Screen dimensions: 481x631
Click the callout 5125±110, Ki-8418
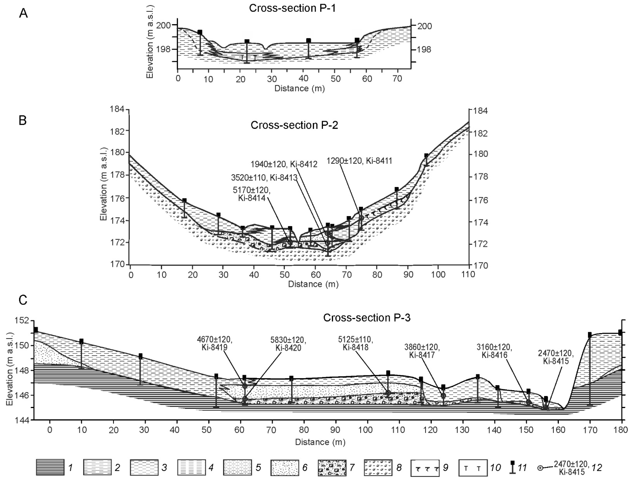point(355,344)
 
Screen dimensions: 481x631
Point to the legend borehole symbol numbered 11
point(513,467)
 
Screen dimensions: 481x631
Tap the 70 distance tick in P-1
point(397,79)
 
